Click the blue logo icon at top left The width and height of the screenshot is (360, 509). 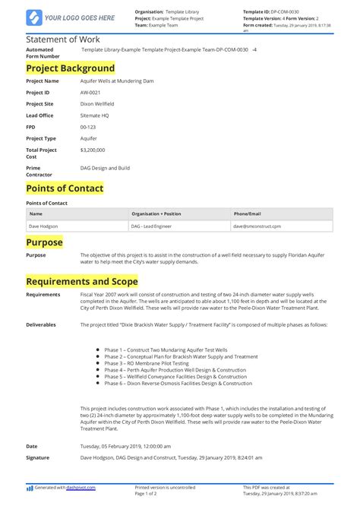(33, 17)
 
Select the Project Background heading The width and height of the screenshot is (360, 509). (70, 68)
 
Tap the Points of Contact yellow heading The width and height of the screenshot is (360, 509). (65, 188)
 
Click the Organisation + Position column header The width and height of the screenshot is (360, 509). (156, 213)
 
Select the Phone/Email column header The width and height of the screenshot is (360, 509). (247, 213)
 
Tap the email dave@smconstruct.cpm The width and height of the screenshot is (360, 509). (257, 226)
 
